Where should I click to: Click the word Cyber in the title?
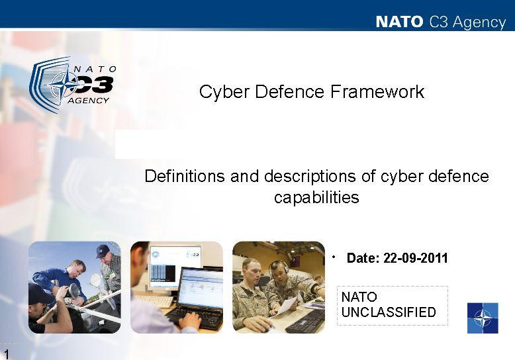[224, 92]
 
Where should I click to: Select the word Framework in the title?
[377, 91]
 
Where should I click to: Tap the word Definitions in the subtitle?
[185, 176]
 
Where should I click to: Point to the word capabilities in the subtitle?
[316, 198]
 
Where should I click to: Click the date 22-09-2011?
[416, 258]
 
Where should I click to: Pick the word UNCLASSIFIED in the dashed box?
[389, 312]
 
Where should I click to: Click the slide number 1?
[6, 355]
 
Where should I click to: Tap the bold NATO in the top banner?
[399, 22]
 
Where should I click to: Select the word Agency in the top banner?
[479, 22]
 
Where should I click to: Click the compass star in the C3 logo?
[66, 85]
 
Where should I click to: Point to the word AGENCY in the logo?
[88, 101]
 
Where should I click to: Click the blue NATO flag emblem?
[483, 318]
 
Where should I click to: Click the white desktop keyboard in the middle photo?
[154, 300]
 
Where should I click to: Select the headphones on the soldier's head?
[279, 268]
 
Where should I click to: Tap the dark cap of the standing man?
[103, 250]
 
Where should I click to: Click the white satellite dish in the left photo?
[95, 279]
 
